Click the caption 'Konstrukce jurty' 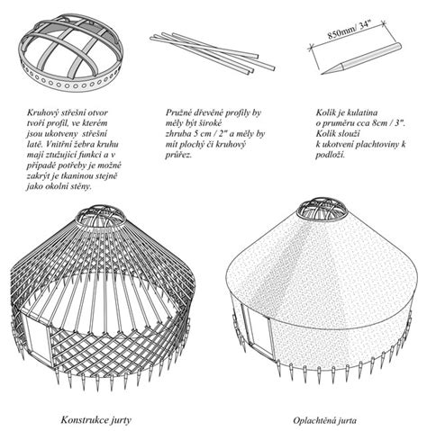pos(96,419)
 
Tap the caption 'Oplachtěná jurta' pos(325,420)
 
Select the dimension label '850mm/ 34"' pos(350,30)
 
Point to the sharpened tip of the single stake pos(322,74)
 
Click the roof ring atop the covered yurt pos(321,210)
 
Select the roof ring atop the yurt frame pos(101,217)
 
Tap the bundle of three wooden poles pos(213,53)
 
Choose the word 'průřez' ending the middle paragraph pos(178,156)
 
